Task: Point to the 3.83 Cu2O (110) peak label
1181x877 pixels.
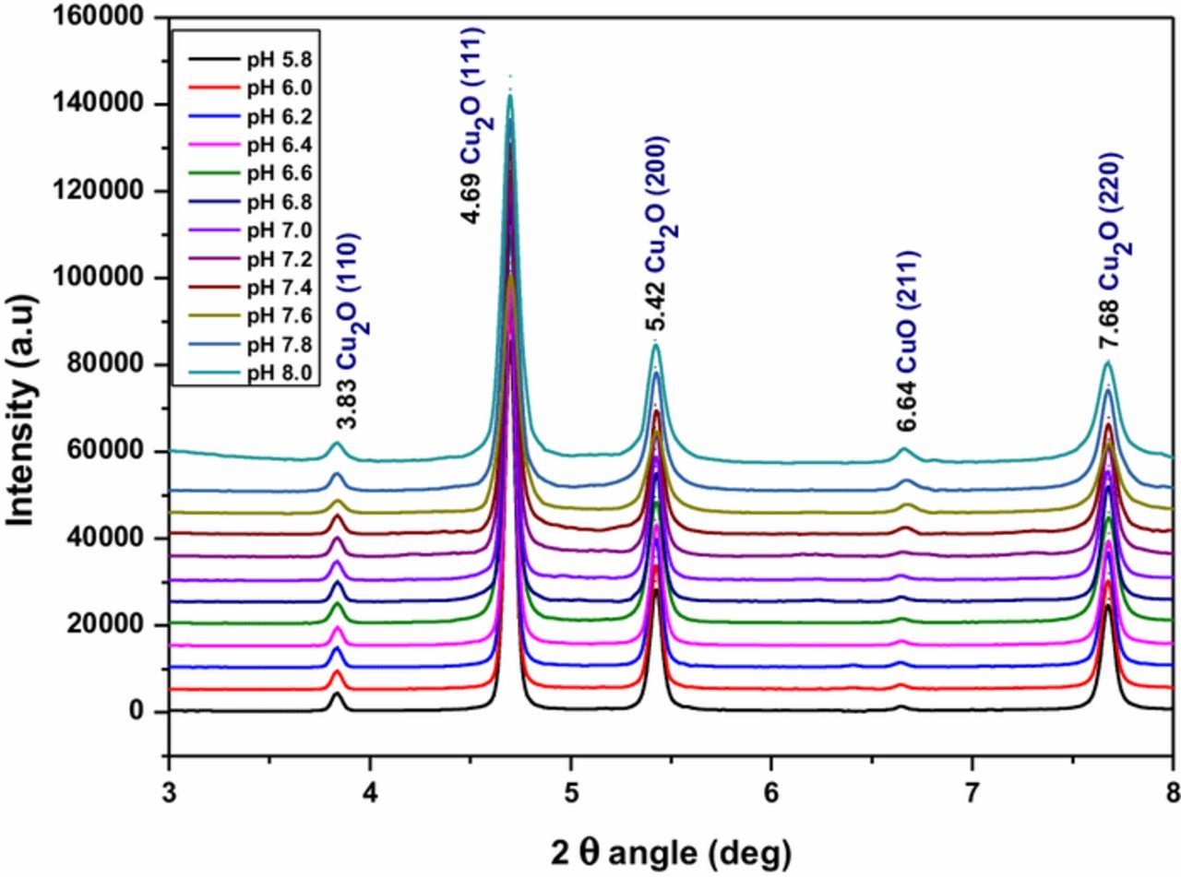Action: click(x=347, y=331)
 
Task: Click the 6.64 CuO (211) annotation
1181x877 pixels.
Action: click(x=908, y=341)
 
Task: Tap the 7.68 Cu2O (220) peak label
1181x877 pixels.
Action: click(x=1109, y=250)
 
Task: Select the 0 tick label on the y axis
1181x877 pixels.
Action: click(x=137, y=711)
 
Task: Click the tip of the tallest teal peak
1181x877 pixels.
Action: click(x=509, y=95)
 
